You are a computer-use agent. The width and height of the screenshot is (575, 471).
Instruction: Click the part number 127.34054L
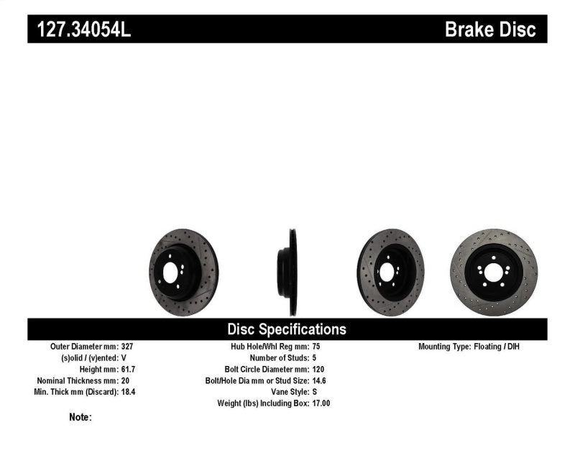tap(79, 29)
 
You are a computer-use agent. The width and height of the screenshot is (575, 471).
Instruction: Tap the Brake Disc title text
tap(490, 29)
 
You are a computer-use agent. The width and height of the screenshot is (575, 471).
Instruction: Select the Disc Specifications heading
tap(287, 329)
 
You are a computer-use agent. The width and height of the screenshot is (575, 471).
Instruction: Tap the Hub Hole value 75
tap(317, 346)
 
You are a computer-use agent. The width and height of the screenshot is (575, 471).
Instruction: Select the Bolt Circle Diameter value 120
tap(319, 369)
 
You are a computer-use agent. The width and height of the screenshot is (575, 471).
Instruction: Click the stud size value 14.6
tap(320, 380)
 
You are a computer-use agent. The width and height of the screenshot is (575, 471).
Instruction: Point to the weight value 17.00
tap(321, 403)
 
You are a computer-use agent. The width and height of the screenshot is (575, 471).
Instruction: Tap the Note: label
tap(80, 417)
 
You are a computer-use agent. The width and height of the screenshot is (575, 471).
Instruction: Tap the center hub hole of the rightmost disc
tap(495, 272)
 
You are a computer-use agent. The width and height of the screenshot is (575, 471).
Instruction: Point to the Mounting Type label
tap(444, 346)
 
